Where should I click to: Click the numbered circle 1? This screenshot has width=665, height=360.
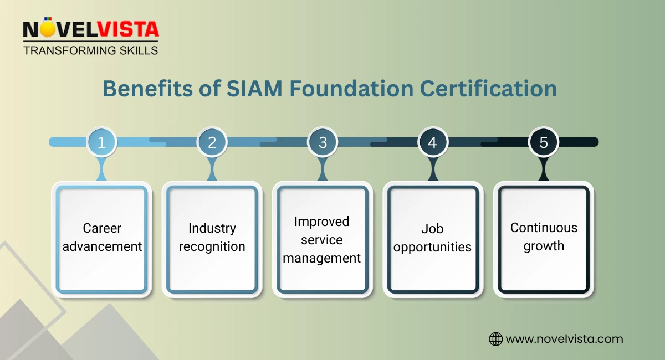(101, 142)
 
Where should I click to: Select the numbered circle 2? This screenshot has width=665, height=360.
(212, 142)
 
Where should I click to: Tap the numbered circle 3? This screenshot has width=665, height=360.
(323, 142)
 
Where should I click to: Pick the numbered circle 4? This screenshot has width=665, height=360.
(433, 142)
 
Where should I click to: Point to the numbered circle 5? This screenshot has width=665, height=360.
(543, 142)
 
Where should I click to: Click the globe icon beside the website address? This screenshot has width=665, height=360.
(495, 339)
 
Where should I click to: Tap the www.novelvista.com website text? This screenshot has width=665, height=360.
(564, 339)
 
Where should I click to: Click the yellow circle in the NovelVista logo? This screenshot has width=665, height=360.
(48, 30)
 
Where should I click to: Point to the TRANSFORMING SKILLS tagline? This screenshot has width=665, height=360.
(90, 50)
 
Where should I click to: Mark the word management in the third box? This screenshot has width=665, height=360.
(322, 258)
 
